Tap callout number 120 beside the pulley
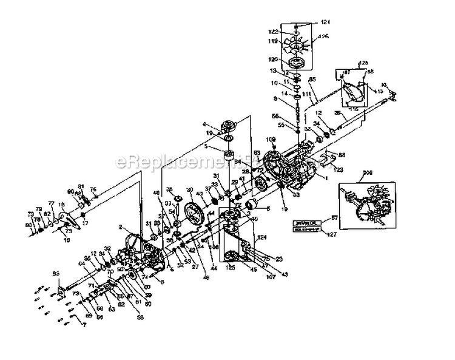click(272, 60)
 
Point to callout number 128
click(363, 63)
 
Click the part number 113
click(379, 91)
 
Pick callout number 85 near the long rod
click(312, 80)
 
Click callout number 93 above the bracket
click(57, 274)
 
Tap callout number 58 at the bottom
click(141, 316)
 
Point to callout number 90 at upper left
click(70, 192)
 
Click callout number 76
click(93, 189)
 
